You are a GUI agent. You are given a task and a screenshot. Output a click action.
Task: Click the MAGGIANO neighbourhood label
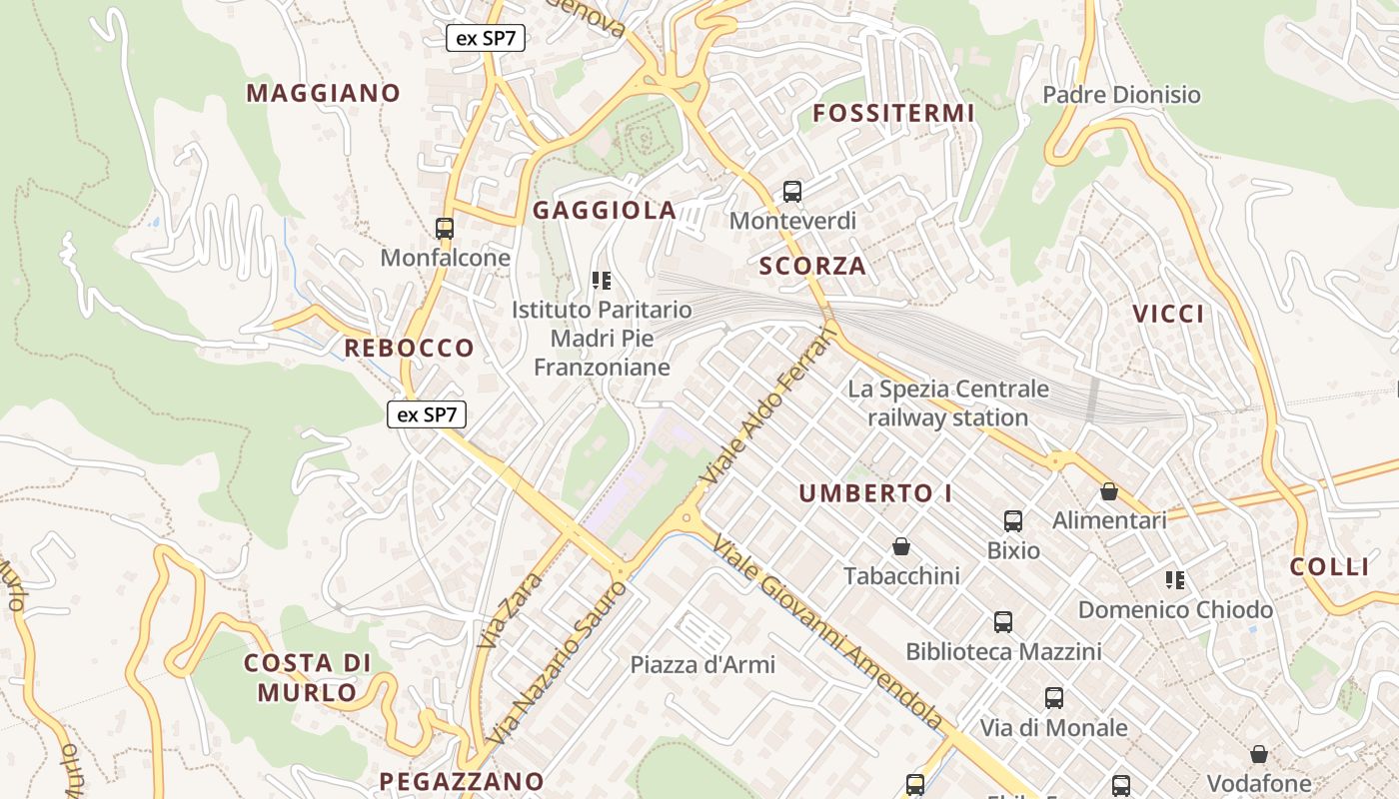(323, 93)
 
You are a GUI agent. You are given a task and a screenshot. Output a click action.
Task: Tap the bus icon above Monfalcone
(445, 229)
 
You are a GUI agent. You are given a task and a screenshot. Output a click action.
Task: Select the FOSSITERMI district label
(893, 113)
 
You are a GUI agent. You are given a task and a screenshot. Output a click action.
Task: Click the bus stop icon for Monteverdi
(792, 191)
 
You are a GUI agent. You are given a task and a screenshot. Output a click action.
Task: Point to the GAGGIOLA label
(605, 211)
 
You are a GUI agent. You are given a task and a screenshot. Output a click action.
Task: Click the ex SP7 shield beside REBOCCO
(427, 413)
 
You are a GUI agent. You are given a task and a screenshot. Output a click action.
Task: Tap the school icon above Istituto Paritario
(601, 281)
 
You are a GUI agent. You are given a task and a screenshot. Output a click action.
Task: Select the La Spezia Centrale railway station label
(948, 402)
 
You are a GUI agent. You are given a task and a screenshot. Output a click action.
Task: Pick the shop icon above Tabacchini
(901, 546)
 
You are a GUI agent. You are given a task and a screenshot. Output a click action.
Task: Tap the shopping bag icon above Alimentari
(1108, 491)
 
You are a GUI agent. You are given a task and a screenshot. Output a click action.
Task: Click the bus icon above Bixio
(1013, 521)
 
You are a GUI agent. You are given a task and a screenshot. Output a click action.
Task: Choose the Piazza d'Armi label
(702, 664)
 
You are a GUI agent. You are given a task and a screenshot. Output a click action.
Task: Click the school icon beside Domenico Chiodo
(1175, 580)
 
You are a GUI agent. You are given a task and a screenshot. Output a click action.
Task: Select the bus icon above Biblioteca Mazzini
(1003, 622)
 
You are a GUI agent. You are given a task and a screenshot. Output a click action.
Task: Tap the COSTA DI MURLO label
(308, 677)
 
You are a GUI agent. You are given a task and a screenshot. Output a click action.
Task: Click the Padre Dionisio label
(1121, 95)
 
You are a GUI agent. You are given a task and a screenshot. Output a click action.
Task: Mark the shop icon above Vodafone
(1259, 754)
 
